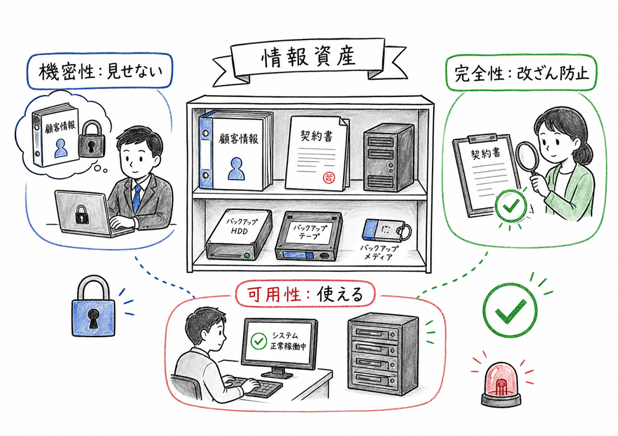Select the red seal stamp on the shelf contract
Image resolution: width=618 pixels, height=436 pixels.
pyautogui.click(x=329, y=177)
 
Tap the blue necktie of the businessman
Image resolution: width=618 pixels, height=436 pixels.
pyautogui.click(x=137, y=197)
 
